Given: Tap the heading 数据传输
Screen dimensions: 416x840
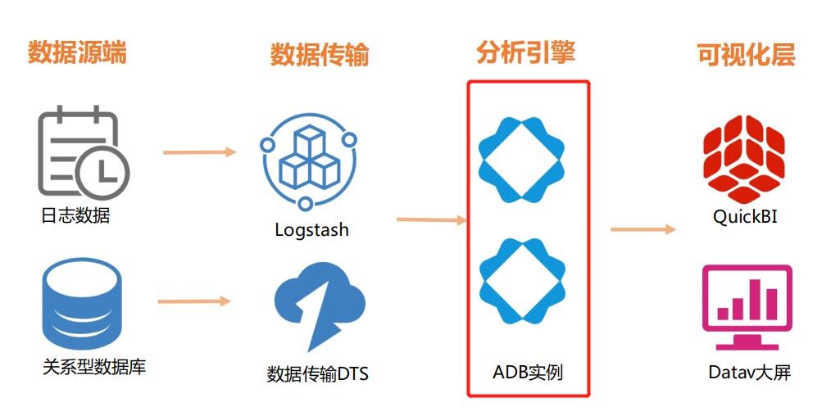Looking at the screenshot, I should (x=320, y=55).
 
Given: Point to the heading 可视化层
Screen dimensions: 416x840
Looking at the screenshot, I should (x=746, y=55).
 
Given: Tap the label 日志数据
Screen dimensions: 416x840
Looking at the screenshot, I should (x=75, y=216).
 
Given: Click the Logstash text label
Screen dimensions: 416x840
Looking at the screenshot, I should (x=311, y=229).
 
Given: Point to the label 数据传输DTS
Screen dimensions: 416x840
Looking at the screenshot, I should (x=318, y=375).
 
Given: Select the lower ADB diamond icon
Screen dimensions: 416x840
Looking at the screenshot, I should (x=522, y=279).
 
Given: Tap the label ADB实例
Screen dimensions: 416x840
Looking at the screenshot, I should (x=528, y=373).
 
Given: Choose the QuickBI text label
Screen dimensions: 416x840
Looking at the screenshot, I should (x=745, y=217).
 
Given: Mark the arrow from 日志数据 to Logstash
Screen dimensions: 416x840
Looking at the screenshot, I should (x=199, y=152).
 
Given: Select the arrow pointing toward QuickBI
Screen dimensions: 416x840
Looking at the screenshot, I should (x=643, y=229).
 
